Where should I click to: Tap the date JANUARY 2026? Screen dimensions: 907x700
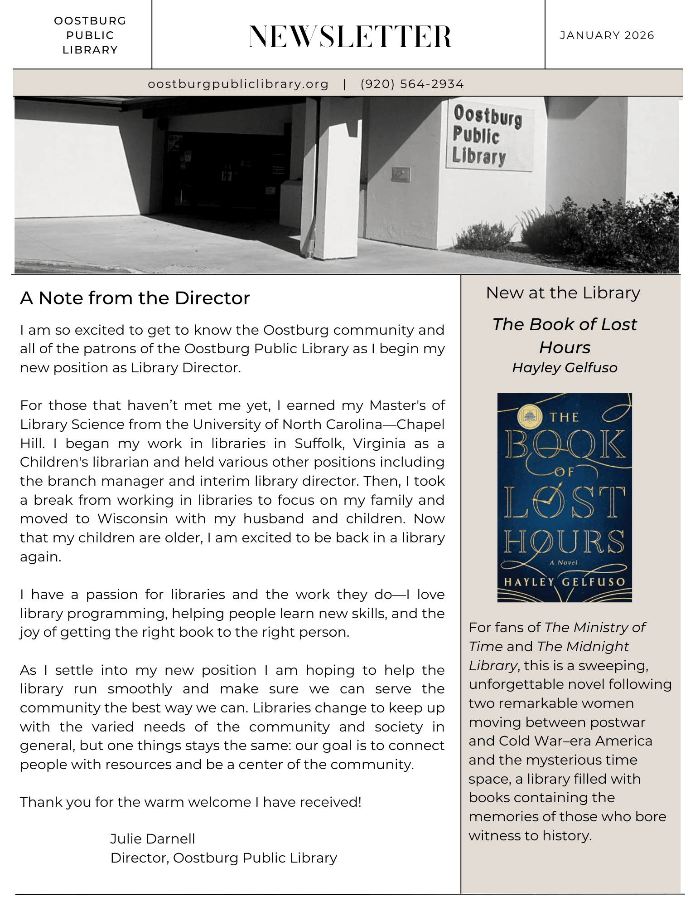point(607,35)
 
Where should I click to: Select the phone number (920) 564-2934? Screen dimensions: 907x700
point(412,84)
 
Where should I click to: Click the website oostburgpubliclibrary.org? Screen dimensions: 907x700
point(238,84)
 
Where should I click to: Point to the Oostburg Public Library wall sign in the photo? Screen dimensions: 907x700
point(488,136)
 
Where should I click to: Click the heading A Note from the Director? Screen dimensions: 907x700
point(135,298)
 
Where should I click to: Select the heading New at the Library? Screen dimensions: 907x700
point(563,293)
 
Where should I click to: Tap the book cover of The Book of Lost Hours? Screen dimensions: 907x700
point(564,497)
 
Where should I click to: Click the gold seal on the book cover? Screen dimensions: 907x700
point(527,415)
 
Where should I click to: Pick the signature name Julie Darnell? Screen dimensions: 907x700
point(153,839)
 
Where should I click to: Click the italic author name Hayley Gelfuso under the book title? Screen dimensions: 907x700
point(565,368)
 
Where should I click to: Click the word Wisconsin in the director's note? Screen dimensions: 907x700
point(132,518)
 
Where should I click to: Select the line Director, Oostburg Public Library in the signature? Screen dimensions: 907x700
point(224,858)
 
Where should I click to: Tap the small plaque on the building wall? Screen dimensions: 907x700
point(401,174)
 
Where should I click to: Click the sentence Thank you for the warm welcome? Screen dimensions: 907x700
point(191,802)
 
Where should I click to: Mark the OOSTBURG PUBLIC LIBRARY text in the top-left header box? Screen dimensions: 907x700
point(90,35)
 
